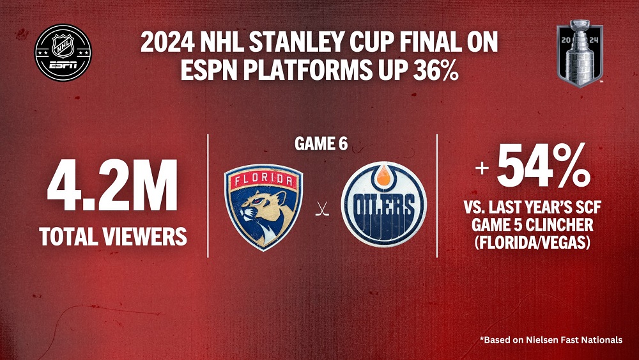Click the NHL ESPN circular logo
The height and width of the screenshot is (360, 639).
pos(63,52)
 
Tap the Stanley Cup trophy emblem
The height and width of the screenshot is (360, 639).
pos(580,54)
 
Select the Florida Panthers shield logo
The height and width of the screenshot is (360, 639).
pos(263,207)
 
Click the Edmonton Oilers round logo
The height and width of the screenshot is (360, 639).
pos(383,204)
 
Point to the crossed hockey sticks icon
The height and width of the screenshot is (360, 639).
pos(322,209)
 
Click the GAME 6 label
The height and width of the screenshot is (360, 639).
pos(321,144)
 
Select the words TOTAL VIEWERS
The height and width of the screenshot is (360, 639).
pos(113,236)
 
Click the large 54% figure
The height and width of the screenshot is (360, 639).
pos(544,165)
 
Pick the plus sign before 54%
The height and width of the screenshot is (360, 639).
pos(482,168)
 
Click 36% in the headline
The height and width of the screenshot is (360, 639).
pos(436,70)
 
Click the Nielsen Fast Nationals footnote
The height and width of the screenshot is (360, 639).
pos(551,340)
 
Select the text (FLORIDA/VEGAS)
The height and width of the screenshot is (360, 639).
pos(532,242)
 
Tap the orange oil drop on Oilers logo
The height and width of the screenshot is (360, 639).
pos(383,176)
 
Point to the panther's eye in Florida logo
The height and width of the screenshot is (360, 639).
pos(258,201)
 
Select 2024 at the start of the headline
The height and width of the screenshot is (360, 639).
pos(167,42)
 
